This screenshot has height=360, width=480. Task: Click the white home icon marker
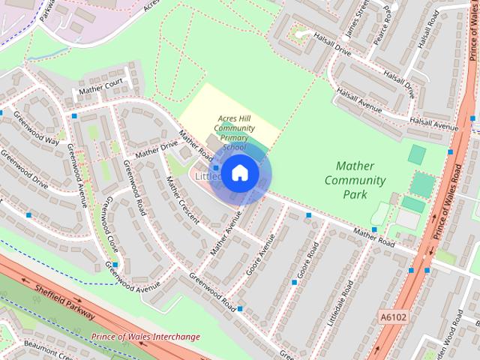[x=239, y=173]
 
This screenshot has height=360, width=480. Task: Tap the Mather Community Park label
[x=355, y=180]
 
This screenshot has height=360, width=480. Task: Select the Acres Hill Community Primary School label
[x=235, y=133]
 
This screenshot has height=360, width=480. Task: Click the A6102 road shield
[x=392, y=317]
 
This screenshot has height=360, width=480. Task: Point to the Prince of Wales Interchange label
[x=145, y=337]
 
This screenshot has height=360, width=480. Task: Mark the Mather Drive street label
[x=157, y=148]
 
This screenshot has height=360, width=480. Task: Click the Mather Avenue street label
[x=227, y=235]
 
